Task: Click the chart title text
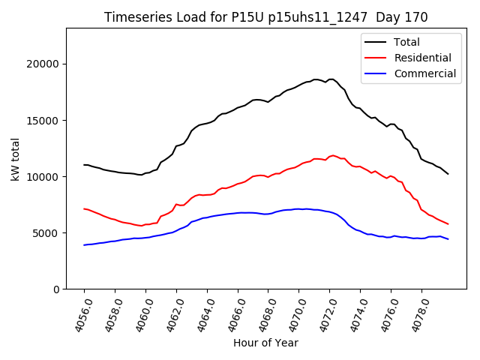pos(265,17)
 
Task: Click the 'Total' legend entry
pos(406,42)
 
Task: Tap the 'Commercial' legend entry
pos(424,73)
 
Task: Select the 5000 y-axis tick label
pos(47,232)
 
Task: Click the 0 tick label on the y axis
pos(56,289)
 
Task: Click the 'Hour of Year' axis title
pos(265,343)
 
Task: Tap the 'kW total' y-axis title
pos(15,158)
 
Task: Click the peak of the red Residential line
pos(333,155)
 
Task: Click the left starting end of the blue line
pos(84,245)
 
